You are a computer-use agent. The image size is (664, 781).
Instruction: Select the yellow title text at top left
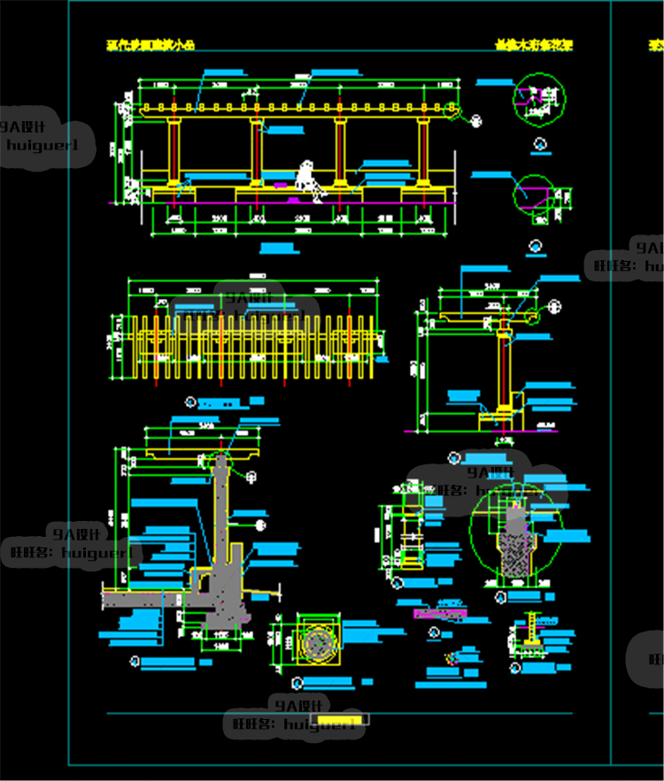[150, 44]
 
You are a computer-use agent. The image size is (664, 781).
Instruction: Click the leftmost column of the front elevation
[174, 152]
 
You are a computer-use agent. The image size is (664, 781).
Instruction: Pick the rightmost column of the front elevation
[423, 152]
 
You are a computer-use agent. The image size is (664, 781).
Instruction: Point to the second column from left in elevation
[257, 152]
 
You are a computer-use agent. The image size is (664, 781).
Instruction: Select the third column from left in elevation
[340, 152]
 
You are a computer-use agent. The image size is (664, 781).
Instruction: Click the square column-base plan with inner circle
[317, 640]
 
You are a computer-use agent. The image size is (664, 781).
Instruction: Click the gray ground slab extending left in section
[151, 598]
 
